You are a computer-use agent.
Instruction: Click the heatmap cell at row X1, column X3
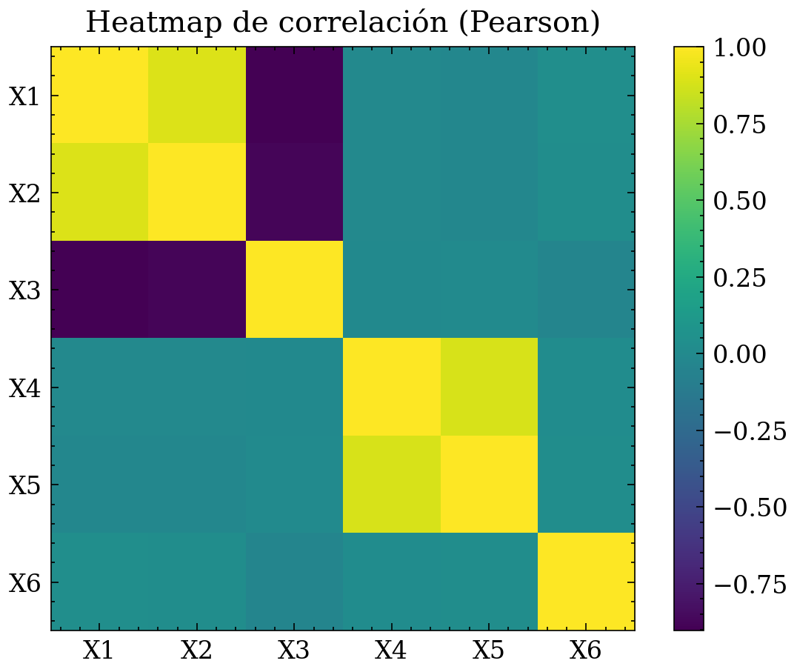[294, 95]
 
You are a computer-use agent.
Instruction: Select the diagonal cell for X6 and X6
[586, 582]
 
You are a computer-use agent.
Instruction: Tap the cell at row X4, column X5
[489, 387]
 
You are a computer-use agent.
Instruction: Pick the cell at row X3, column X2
[197, 290]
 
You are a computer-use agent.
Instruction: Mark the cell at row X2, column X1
[99, 192]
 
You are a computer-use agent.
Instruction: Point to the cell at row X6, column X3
[294, 582]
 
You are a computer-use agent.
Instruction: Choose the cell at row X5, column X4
[391, 485]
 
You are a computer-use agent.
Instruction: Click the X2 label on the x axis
[197, 651]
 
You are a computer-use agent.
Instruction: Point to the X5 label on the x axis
[489, 651]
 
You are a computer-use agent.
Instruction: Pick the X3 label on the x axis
[294, 651]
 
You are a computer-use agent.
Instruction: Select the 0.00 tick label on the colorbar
[738, 355]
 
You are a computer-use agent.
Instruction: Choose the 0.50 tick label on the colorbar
[738, 201]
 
